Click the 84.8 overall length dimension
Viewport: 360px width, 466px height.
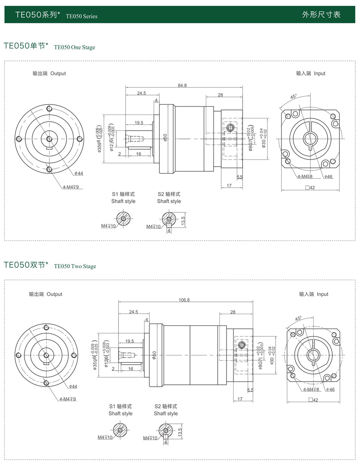[182, 85]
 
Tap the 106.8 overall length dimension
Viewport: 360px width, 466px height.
[184, 300]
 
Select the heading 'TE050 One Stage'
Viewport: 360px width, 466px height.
[74, 47]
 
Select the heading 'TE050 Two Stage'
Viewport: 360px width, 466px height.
[75, 266]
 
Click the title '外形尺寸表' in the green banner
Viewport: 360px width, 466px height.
[321, 14]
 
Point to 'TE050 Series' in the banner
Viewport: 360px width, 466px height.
[82, 16]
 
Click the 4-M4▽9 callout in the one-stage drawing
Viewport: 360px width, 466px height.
[71, 187]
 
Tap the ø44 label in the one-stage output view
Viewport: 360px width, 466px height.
[79, 173]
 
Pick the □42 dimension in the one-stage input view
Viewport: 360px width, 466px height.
[310, 188]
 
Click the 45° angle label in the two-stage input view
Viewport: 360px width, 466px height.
[298, 318]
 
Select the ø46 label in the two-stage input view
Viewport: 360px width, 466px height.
[330, 389]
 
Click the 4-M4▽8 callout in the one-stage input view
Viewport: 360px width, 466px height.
[305, 176]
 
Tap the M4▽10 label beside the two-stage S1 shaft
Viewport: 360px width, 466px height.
[105, 437]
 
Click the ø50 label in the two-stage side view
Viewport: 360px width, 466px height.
[154, 355]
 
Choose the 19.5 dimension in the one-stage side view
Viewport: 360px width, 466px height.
[139, 123]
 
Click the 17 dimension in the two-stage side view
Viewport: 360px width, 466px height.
[240, 399]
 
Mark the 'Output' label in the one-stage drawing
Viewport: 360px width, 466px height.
[58, 73]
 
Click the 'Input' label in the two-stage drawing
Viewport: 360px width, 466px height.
[322, 294]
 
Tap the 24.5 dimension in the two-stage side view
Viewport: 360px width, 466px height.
[133, 312]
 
